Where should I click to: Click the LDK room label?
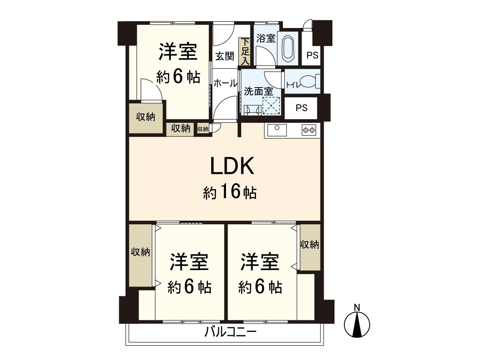[232, 167]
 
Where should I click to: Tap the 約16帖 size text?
[230, 193]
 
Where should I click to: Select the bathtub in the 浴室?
[288, 48]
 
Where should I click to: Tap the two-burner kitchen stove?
[309, 130]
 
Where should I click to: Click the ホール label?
[225, 83]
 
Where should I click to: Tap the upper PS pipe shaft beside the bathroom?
[312, 55]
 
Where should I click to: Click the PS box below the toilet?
[302, 108]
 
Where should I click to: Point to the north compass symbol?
[357, 323]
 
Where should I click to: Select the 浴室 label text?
[266, 38]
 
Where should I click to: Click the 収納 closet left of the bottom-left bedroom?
[140, 252]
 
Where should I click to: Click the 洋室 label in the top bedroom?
[178, 52]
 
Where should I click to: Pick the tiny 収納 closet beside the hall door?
[203, 129]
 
